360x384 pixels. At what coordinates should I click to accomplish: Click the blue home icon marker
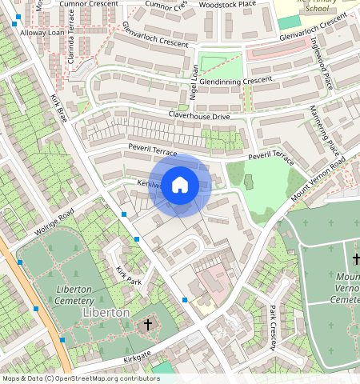(x=180, y=185)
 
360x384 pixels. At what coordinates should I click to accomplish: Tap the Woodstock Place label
(x=226, y=4)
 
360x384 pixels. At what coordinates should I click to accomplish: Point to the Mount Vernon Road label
(x=318, y=181)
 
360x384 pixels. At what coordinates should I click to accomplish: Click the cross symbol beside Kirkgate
(x=147, y=325)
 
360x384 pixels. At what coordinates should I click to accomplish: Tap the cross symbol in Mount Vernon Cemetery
(x=356, y=259)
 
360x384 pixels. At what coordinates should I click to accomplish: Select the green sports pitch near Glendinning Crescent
(x=220, y=63)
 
